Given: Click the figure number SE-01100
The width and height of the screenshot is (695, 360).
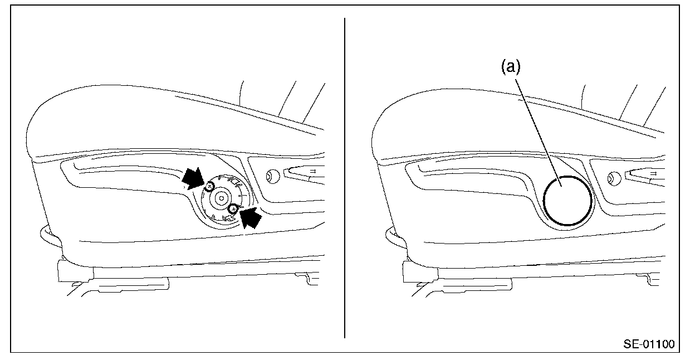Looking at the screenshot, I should tap(649, 344).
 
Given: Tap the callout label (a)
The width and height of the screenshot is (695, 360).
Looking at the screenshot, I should tap(511, 67).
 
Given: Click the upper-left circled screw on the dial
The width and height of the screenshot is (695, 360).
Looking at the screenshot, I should tap(209, 187).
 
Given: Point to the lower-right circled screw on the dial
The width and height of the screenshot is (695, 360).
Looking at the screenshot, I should tap(233, 209).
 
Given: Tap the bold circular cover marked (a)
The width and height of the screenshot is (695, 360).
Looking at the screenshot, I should tap(567, 201).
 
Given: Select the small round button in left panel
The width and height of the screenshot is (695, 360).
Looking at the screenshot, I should tap(272, 176).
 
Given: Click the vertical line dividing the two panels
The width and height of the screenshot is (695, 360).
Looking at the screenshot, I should tap(345, 178).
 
